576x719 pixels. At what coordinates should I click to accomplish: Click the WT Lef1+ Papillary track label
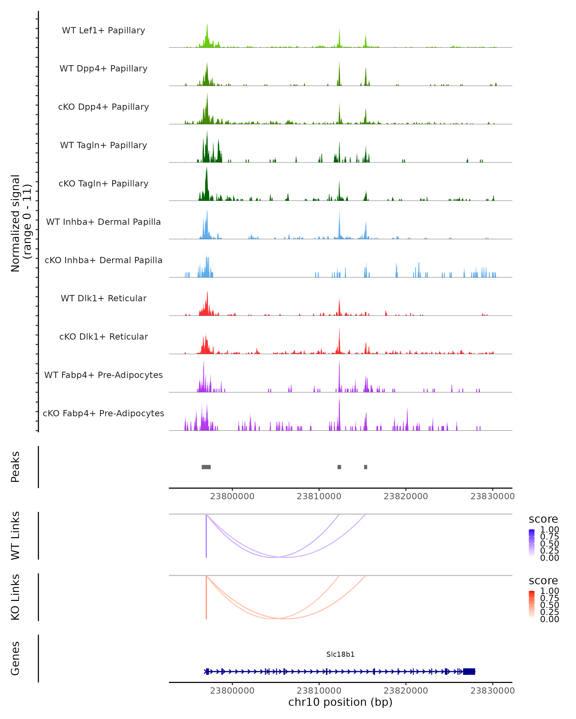click(x=103, y=30)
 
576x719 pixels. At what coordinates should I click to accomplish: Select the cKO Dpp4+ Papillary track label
click(x=103, y=107)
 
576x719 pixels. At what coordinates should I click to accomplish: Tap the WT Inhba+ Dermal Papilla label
click(x=103, y=222)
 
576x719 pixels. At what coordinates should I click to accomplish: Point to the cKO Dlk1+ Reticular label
click(x=103, y=336)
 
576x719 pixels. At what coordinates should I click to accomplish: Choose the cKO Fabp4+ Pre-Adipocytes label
click(x=103, y=413)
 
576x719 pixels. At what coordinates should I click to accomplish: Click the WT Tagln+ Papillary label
click(x=103, y=145)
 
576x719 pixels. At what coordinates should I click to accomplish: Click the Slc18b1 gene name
click(x=340, y=654)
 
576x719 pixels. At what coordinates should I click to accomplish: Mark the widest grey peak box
click(x=206, y=467)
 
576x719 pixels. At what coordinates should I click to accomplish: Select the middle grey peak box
click(x=339, y=467)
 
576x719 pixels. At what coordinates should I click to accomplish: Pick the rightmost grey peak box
click(x=366, y=467)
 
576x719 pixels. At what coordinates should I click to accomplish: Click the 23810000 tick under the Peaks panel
click(x=319, y=496)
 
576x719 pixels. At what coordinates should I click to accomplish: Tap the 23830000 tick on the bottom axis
click(x=492, y=690)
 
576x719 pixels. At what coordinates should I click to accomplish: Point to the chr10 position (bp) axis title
click(x=340, y=702)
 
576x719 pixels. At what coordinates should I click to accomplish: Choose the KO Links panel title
click(x=15, y=597)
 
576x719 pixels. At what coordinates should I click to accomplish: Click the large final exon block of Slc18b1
click(x=469, y=671)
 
